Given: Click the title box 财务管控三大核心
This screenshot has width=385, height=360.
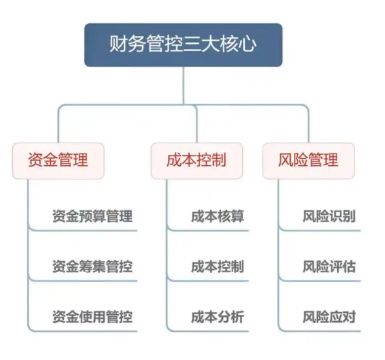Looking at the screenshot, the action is point(183,45).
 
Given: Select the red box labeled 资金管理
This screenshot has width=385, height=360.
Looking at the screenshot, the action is point(58,161).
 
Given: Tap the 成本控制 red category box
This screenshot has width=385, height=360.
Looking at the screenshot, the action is point(196,161).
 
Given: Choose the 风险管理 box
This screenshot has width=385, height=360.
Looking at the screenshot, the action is point(308,161).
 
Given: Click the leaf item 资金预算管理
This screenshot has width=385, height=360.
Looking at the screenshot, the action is point(92,216).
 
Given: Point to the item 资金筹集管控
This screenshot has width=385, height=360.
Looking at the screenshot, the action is point(92,266).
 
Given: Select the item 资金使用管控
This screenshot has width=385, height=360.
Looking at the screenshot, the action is point(92,317).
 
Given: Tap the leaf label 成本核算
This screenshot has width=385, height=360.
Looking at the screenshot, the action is point(218,216).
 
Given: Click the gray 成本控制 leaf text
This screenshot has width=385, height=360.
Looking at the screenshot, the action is point(218,266).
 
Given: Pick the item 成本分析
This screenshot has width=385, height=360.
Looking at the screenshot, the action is point(218,317).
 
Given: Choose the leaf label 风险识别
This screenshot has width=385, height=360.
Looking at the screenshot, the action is point(329,216).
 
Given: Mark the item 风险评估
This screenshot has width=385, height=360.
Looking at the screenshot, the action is point(329,266).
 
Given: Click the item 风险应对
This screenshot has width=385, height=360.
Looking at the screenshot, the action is point(329,317).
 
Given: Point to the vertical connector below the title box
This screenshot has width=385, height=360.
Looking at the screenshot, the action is point(183,86).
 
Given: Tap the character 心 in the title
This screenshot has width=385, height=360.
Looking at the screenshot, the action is point(248,44).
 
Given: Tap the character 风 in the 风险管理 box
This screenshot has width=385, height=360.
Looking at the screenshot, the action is point(286,160).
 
